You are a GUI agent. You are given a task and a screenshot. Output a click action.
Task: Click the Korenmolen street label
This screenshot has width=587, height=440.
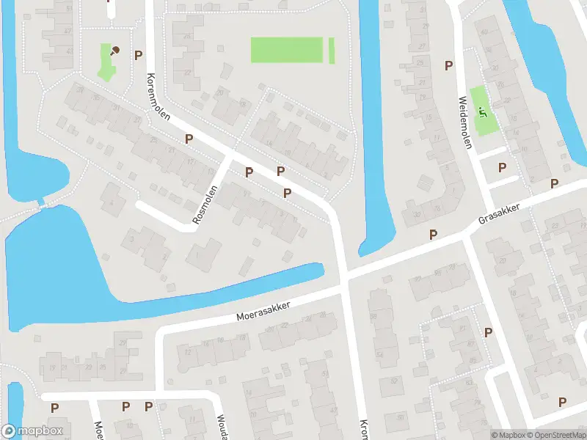[x=159, y=102]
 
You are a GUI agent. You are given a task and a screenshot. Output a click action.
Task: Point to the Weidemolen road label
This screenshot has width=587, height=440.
[x=464, y=122]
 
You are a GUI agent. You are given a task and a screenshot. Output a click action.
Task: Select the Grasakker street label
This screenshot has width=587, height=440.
[x=499, y=213]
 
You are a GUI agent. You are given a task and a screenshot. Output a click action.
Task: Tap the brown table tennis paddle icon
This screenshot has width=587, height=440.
[x=114, y=51]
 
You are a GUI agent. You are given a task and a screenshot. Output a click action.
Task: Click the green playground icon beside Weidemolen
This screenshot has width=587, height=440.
[x=482, y=111]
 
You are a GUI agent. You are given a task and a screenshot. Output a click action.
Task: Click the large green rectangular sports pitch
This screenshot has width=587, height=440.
[x=287, y=50]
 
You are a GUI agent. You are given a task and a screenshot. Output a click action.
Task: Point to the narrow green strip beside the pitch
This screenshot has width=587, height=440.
[x=332, y=50]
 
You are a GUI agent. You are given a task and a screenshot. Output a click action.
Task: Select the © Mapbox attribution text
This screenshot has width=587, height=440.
[x=509, y=435]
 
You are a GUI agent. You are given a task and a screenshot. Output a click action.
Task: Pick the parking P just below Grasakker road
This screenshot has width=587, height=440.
[x=433, y=235]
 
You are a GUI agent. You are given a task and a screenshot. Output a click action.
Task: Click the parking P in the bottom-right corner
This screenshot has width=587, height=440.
[x=562, y=401]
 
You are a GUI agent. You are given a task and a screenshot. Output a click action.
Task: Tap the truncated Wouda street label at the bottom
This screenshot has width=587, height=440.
[x=221, y=428]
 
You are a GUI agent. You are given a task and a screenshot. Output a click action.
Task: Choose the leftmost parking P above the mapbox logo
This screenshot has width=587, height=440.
[x=54, y=407]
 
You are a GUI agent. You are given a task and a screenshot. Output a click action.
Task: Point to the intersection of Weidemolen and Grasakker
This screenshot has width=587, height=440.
[x=467, y=235]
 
